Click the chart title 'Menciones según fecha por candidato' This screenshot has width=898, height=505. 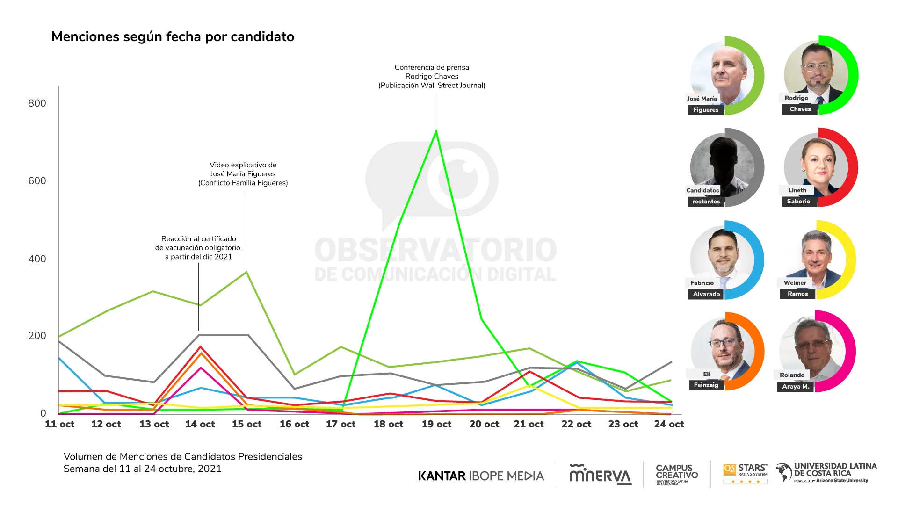(x=173, y=36)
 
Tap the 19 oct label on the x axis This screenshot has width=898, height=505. (x=436, y=424)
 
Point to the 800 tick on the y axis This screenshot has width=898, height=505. (x=37, y=103)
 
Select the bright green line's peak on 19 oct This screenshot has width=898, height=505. (x=436, y=131)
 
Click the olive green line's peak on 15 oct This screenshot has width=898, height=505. (x=246, y=272)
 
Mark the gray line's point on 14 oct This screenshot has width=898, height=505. (x=200, y=335)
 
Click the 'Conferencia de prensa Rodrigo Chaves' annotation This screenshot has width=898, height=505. (x=432, y=76)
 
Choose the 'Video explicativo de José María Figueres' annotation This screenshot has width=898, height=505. (x=243, y=173)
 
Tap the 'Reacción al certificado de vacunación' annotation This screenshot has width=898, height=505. (x=198, y=247)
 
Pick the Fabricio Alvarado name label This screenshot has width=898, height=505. (x=705, y=289)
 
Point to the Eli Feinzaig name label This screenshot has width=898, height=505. (x=706, y=380)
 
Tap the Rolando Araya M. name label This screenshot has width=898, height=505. (x=794, y=381)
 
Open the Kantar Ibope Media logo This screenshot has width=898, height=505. (x=481, y=476)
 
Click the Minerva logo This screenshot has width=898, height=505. (x=600, y=475)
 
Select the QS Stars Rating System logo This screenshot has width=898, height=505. (x=746, y=474)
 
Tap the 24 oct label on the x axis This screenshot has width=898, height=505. (x=669, y=424)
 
